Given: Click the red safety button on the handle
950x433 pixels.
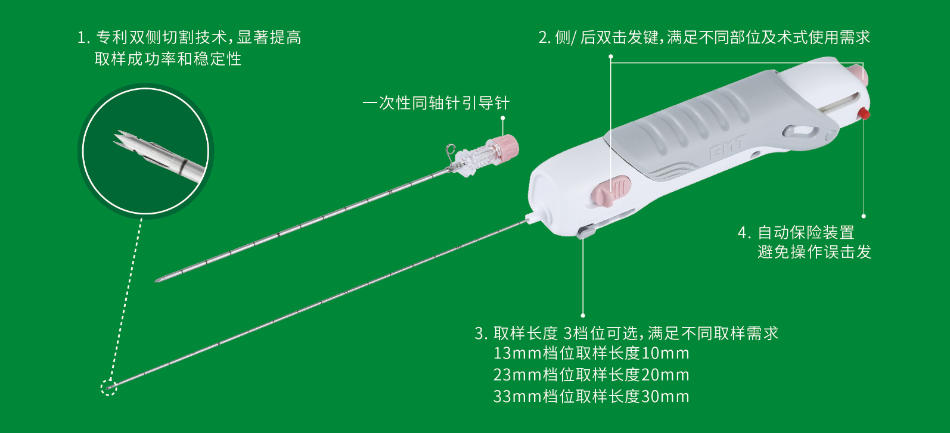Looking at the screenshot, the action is pos(864,114).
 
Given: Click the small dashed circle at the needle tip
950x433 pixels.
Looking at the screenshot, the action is pos(108,387).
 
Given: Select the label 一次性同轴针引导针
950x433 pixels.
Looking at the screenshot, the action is pos(436,103).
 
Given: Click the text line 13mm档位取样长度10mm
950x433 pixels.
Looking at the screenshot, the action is pos(591,353).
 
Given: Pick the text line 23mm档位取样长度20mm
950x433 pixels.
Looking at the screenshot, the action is pos(591,375).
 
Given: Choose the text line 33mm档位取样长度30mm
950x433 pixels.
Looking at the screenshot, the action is pos(591,397).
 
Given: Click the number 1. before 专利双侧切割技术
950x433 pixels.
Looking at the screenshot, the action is pos(83,38).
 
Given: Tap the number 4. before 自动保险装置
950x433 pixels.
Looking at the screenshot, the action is pos(744,233).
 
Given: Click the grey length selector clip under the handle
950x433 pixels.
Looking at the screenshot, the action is pos(586,231).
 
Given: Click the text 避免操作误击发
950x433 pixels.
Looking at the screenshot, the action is pos(814,252).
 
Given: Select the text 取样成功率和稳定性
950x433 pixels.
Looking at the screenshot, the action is pos(168,59).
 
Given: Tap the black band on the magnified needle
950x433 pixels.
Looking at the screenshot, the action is pos(183,167).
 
